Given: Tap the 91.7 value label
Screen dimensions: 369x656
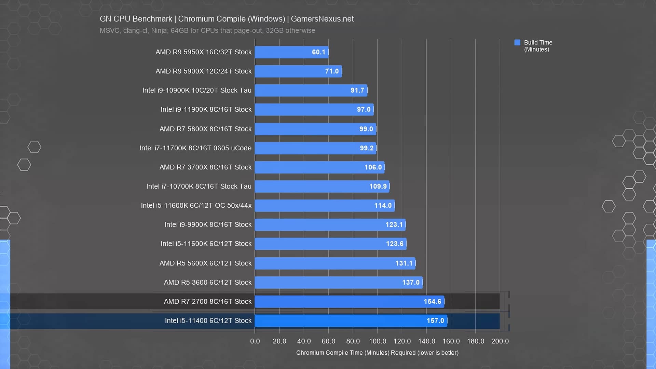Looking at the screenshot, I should (x=357, y=90).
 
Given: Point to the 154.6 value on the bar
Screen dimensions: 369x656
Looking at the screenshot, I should (x=432, y=301).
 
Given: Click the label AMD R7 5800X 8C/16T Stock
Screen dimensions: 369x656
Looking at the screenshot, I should (x=205, y=129).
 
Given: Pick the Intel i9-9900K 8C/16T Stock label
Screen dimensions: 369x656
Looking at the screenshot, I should (x=208, y=224).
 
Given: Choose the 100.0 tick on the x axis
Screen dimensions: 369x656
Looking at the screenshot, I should (x=378, y=341).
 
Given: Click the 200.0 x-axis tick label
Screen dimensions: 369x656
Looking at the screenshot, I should (x=500, y=341).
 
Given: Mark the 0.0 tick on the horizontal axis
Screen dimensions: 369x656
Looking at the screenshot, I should (x=255, y=341).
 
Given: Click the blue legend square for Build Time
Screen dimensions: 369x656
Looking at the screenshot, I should (x=517, y=42).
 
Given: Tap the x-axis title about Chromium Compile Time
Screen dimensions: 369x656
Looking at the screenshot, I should (x=377, y=353).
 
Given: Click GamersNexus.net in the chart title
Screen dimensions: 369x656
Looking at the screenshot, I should (x=322, y=19).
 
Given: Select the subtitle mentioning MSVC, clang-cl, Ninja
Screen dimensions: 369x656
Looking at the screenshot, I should (x=207, y=30).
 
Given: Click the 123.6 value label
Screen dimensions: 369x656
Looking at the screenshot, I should (x=395, y=244).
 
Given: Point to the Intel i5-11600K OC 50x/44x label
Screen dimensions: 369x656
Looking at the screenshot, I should (x=196, y=205).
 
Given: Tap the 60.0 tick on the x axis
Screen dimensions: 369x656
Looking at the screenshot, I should (x=328, y=341).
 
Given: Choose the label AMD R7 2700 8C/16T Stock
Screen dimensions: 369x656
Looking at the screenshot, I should (x=207, y=301).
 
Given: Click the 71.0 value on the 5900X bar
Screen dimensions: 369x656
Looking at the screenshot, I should (x=332, y=71).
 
